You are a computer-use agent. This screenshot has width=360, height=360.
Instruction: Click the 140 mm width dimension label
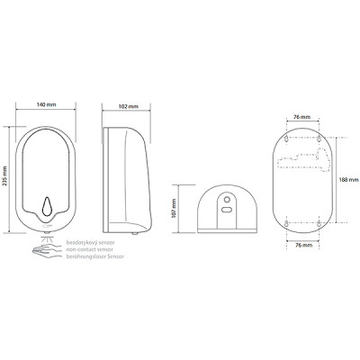46,104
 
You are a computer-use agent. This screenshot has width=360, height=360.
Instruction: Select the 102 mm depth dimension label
129,106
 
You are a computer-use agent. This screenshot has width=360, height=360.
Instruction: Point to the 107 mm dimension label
174,209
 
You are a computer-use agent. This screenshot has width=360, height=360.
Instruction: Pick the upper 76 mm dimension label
301,117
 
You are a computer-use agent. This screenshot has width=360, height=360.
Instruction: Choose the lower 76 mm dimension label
303,245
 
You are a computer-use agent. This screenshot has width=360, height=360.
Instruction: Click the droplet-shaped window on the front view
47,206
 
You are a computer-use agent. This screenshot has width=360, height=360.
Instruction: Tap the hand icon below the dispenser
46,251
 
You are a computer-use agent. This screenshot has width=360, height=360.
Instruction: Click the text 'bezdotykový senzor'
90,242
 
